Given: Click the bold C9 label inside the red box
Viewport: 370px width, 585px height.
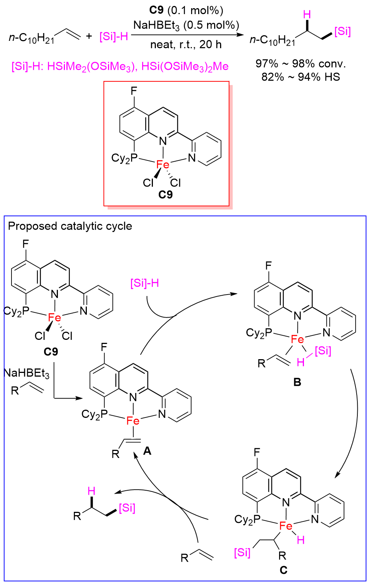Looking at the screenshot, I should (x=166, y=195).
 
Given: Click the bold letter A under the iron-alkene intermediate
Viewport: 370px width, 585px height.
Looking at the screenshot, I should (x=147, y=451).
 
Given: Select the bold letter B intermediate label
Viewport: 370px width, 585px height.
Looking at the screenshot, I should (x=297, y=382).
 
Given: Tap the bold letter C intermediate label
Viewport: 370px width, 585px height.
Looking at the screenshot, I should (x=284, y=570).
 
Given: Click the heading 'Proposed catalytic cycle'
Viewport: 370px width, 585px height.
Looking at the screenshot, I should (x=70, y=226).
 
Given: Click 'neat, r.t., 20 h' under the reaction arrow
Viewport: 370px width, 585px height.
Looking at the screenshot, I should (x=186, y=45).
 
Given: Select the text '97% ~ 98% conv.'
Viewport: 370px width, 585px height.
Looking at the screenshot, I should (x=301, y=64).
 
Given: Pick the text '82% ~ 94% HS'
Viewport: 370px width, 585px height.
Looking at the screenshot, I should (x=301, y=77).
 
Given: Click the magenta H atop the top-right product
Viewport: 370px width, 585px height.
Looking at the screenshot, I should (x=307, y=15).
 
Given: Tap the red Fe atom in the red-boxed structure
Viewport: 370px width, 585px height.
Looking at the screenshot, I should (x=163, y=165).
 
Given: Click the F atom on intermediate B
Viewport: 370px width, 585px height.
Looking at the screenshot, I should (x=268, y=266).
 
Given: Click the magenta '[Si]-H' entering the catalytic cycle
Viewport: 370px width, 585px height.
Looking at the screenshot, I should (x=145, y=283).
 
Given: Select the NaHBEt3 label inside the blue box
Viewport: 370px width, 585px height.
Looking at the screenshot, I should (x=27, y=373).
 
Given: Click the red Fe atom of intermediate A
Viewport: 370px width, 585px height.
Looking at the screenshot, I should (x=133, y=420).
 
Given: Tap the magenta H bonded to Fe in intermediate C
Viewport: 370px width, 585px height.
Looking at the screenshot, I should (x=301, y=540).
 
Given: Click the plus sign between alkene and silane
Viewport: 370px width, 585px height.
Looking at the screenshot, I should (x=89, y=36).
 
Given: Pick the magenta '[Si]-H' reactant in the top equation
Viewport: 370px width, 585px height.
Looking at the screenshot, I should (x=114, y=37).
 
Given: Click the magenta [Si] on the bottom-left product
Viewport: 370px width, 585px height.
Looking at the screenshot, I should (x=127, y=508).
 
